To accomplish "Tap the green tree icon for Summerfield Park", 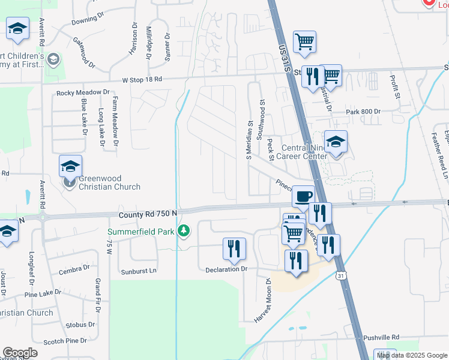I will (x=185, y=230).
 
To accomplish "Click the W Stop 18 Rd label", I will (x=142, y=79).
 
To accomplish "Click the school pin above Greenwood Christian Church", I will (x=70, y=166).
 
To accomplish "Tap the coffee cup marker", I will (x=303, y=196).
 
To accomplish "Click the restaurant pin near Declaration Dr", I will (x=234, y=249).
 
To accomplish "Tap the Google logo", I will (x=20, y=353).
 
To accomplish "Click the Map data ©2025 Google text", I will (x=412, y=355).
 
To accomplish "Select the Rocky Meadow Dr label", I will (x=83, y=93).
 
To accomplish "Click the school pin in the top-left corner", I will (x=18, y=28).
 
